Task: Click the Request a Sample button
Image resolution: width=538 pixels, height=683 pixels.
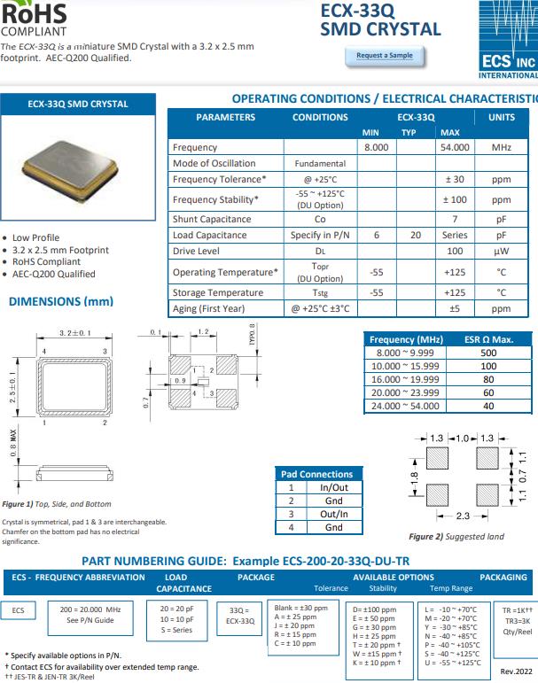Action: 384,56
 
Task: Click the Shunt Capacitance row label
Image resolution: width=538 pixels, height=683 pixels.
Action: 212,219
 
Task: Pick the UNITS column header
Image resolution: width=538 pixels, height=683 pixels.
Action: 501,117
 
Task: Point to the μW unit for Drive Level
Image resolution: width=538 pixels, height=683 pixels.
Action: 501,252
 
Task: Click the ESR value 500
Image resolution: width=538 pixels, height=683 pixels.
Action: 488,353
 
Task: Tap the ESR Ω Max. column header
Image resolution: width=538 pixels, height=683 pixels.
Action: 488,339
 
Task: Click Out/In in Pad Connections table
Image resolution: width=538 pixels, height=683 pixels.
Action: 333,514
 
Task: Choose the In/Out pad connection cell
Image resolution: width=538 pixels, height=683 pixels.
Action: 333,487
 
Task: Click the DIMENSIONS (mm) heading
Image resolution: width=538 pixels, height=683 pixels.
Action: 61,301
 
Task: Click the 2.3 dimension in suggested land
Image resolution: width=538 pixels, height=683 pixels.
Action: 463,515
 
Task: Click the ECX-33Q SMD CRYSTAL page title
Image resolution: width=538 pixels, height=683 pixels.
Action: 380,19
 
